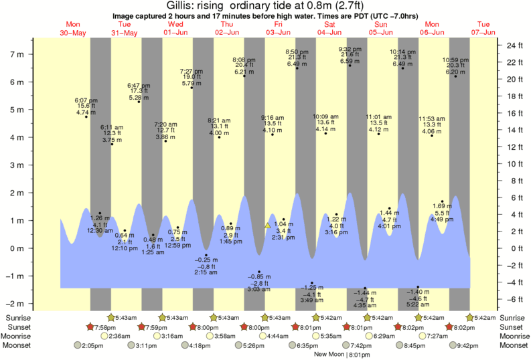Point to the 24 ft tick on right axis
click(514, 46)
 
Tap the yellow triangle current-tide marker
click(267, 226)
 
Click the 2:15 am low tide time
click(206, 272)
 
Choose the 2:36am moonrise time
click(119, 336)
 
